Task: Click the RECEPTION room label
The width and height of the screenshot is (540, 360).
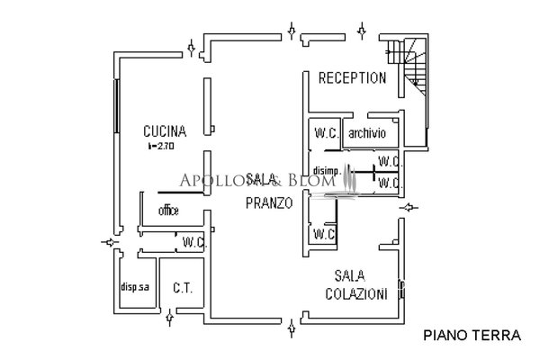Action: (353, 78)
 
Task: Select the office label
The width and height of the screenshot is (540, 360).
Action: (168, 211)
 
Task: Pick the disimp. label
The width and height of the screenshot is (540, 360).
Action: (327, 171)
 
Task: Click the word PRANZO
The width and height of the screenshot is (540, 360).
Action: (269, 203)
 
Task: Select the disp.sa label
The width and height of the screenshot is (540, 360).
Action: (134, 288)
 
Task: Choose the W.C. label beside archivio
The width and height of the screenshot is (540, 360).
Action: (326, 133)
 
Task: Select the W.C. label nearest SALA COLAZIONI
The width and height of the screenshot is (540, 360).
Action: (324, 235)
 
